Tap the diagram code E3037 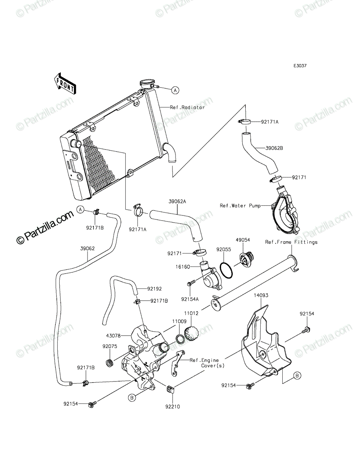[x=300, y=66]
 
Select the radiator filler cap [x=147, y=83]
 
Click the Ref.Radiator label [x=187, y=108]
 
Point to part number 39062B [x=274, y=148]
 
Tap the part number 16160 [x=183, y=267]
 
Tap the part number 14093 [x=261, y=295]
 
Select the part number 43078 [x=114, y=335]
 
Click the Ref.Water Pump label [x=240, y=206]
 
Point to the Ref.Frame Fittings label [x=291, y=242]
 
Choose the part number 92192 [x=154, y=289]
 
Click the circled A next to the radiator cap [x=175, y=91]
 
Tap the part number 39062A [x=177, y=201]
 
